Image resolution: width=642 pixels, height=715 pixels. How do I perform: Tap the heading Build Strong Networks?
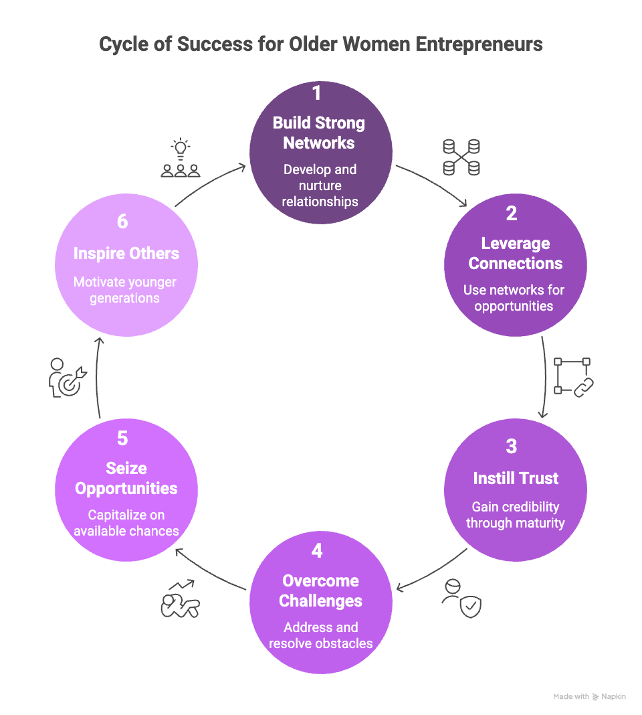coord(320,133)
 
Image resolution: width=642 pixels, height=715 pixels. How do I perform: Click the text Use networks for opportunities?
coord(514,298)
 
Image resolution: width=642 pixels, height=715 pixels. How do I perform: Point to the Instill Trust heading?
coord(516,478)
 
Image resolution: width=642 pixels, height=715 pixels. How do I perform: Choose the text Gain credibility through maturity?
coord(515,515)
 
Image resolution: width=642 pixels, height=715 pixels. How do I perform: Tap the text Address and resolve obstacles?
coord(320,635)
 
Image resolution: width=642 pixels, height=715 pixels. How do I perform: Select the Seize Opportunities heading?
coord(126,478)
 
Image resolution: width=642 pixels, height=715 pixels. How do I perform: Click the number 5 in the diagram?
coord(122,438)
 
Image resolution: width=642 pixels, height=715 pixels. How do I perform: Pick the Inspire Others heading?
coord(126,253)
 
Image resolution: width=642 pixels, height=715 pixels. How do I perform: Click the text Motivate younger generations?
coord(125,290)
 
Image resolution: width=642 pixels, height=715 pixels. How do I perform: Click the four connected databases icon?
coord(461,157)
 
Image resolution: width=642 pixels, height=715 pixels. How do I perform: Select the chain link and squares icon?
coord(574,377)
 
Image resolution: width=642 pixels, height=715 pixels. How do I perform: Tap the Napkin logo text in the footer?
coord(613,697)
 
